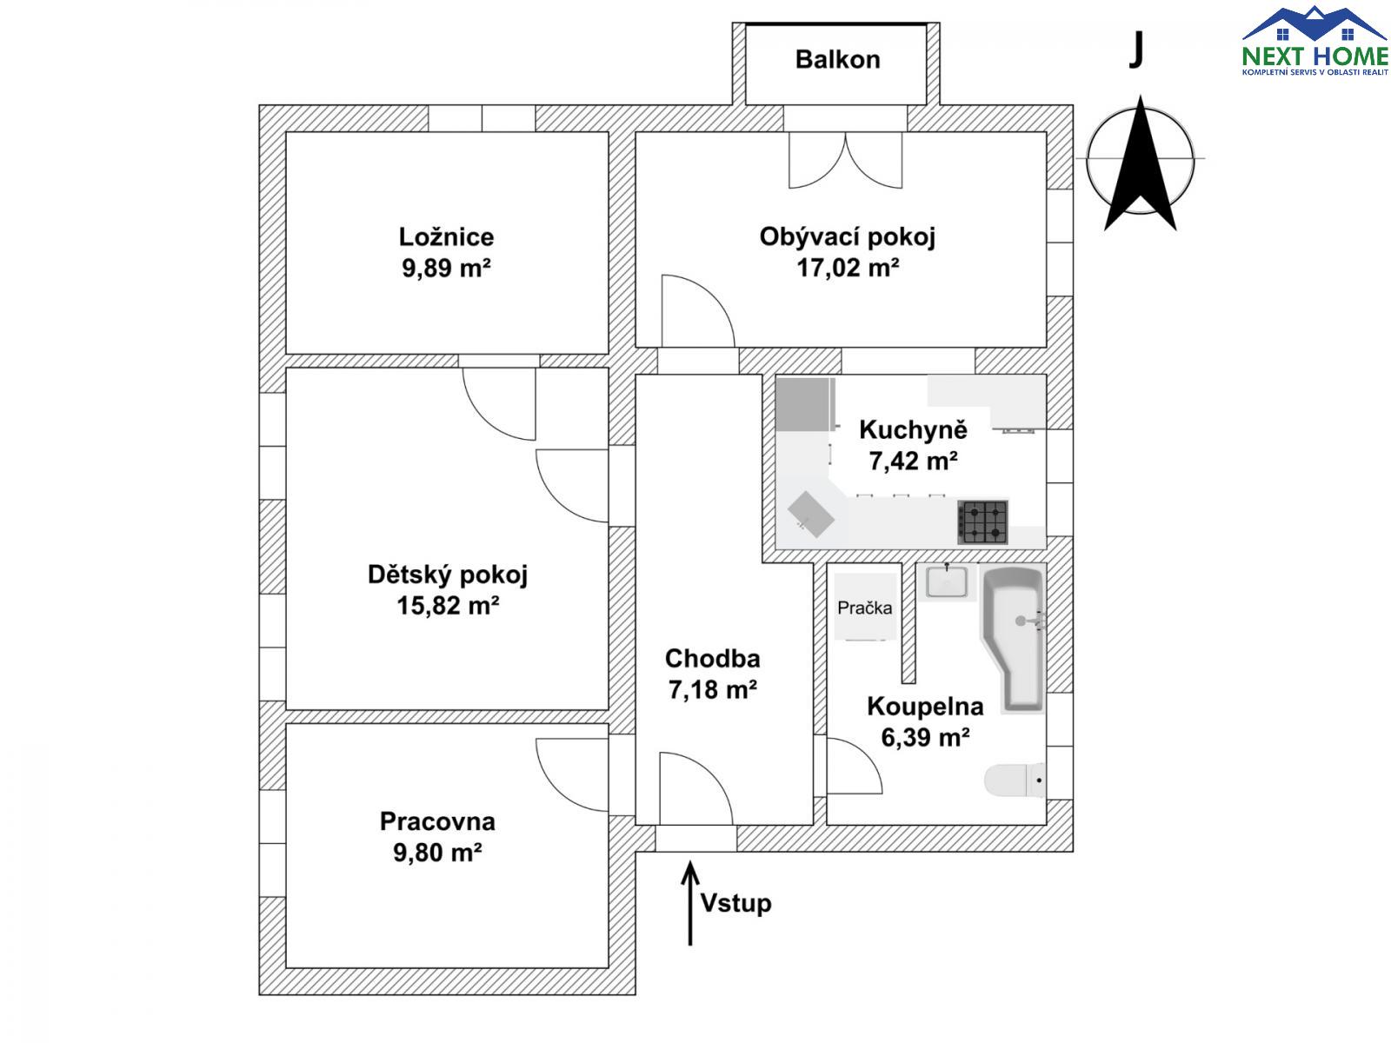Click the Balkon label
tap(837, 60)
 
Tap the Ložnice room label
tap(446, 236)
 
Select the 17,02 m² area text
tap(848, 268)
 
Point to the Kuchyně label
tap(913, 429)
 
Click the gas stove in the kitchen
tap(983, 521)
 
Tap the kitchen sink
tap(811, 515)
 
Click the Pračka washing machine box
tap(864, 607)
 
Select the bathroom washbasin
tap(947, 581)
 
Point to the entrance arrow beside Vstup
tap(690, 904)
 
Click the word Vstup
tap(735, 903)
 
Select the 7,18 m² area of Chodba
tap(712, 690)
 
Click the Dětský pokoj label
tap(447, 575)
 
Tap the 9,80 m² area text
tap(437, 853)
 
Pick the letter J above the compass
tap(1135, 50)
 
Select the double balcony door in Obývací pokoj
tap(845, 160)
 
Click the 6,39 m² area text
tap(925, 738)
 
